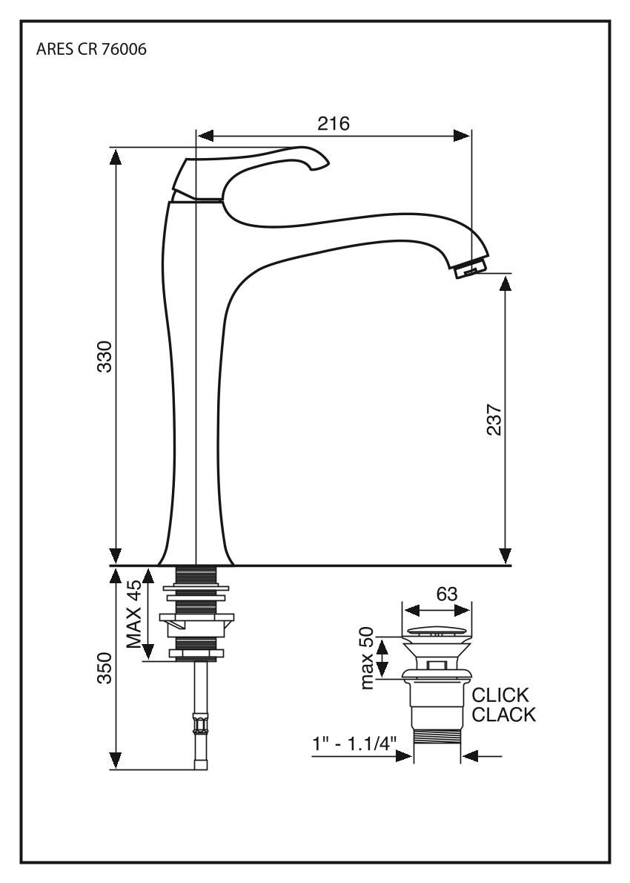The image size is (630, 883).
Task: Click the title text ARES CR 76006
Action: click(x=90, y=54)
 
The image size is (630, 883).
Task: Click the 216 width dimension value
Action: click(x=334, y=124)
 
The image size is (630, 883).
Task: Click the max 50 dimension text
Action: click(x=368, y=658)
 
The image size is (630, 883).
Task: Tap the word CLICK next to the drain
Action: click(x=501, y=696)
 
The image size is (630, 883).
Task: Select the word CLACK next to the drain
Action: click(x=504, y=715)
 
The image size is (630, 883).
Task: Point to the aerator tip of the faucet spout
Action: click(x=472, y=266)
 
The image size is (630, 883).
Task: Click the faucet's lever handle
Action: click(x=252, y=167)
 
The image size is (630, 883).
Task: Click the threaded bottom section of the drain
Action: click(x=437, y=740)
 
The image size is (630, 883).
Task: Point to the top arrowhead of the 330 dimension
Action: click(x=115, y=155)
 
